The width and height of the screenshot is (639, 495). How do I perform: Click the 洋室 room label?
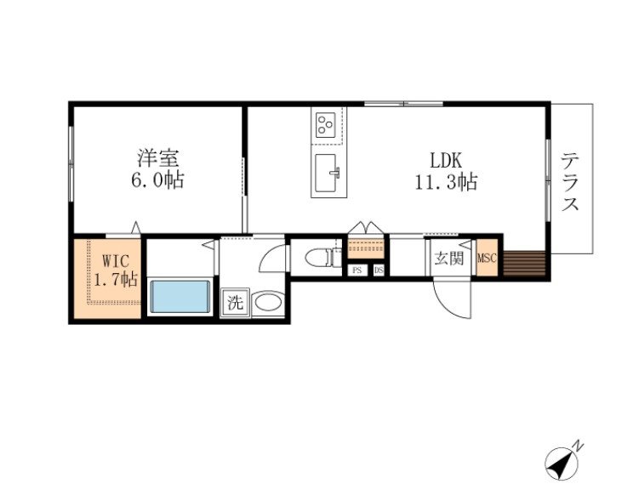pyautogui.click(x=158, y=158)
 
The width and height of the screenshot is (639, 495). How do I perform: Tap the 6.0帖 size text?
pyautogui.click(x=157, y=179)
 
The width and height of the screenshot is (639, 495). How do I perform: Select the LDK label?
pyautogui.click(x=446, y=160)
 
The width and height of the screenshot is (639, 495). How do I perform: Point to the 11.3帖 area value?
pyautogui.click(x=446, y=182)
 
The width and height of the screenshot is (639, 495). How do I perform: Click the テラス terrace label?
pyautogui.click(x=570, y=182)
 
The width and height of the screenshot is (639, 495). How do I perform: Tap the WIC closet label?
pyautogui.click(x=116, y=260)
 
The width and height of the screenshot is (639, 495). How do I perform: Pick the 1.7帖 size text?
pyautogui.click(x=116, y=280)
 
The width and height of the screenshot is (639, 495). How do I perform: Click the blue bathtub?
pyautogui.click(x=180, y=296)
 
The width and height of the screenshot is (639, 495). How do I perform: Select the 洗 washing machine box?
pyautogui.click(x=235, y=303)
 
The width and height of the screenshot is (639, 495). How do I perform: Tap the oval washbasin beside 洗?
pyautogui.click(x=267, y=304)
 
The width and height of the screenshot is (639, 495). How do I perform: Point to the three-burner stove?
pyautogui.click(x=326, y=124)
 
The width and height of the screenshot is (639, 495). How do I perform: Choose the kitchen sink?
pyautogui.click(x=327, y=173)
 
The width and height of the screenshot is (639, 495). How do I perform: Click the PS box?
pyautogui.click(x=357, y=270)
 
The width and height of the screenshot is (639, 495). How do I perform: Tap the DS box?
pyautogui.click(x=379, y=270)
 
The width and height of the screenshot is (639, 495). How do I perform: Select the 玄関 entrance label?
pyautogui.click(x=448, y=259)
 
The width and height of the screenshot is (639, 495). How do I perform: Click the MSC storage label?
pyautogui.click(x=487, y=258)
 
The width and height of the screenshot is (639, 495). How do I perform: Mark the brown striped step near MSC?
pyautogui.click(x=524, y=264)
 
